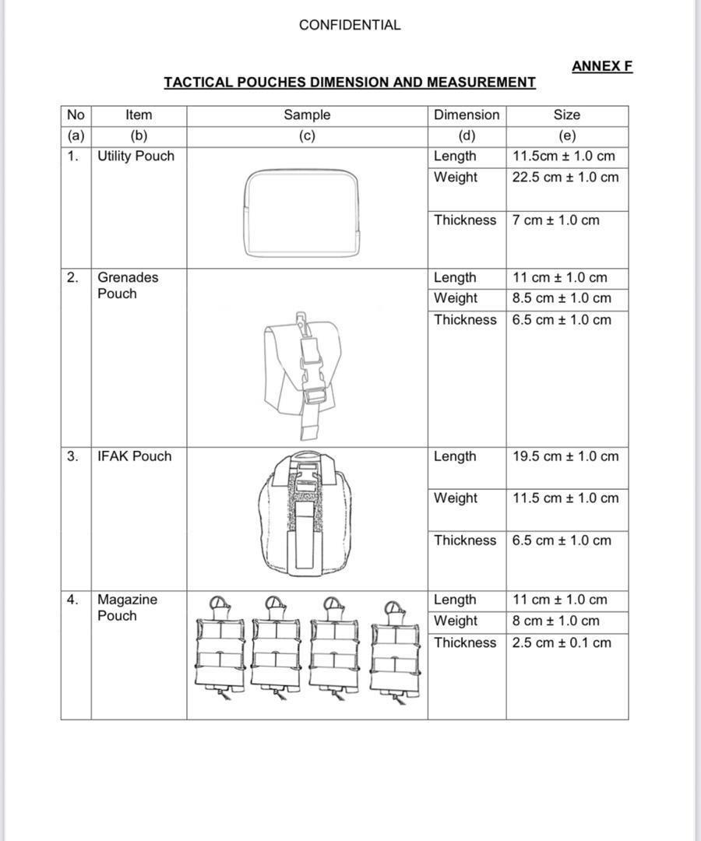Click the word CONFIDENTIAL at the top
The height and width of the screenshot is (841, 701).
click(x=350, y=25)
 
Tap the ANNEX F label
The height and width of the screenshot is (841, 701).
click(x=602, y=66)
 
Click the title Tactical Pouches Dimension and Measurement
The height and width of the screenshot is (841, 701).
click(x=350, y=83)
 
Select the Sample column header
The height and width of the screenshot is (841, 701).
click(x=307, y=115)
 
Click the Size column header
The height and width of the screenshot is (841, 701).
click(x=566, y=115)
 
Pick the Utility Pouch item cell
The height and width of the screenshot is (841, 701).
click(x=136, y=157)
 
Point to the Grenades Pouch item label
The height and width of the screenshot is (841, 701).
click(x=127, y=286)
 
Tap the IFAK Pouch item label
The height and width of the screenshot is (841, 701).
click(x=134, y=456)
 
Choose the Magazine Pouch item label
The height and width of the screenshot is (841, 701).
click(x=127, y=607)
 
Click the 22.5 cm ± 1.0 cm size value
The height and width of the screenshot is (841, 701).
click(x=565, y=178)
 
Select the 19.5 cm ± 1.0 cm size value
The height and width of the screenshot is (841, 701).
click(x=565, y=456)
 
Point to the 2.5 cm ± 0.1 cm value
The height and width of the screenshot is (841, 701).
click(x=562, y=643)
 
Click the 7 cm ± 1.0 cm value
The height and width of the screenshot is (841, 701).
click(x=556, y=220)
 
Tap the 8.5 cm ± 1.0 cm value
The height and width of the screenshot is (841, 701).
click(x=562, y=298)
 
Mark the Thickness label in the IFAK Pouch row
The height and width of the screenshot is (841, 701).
click(x=465, y=540)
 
